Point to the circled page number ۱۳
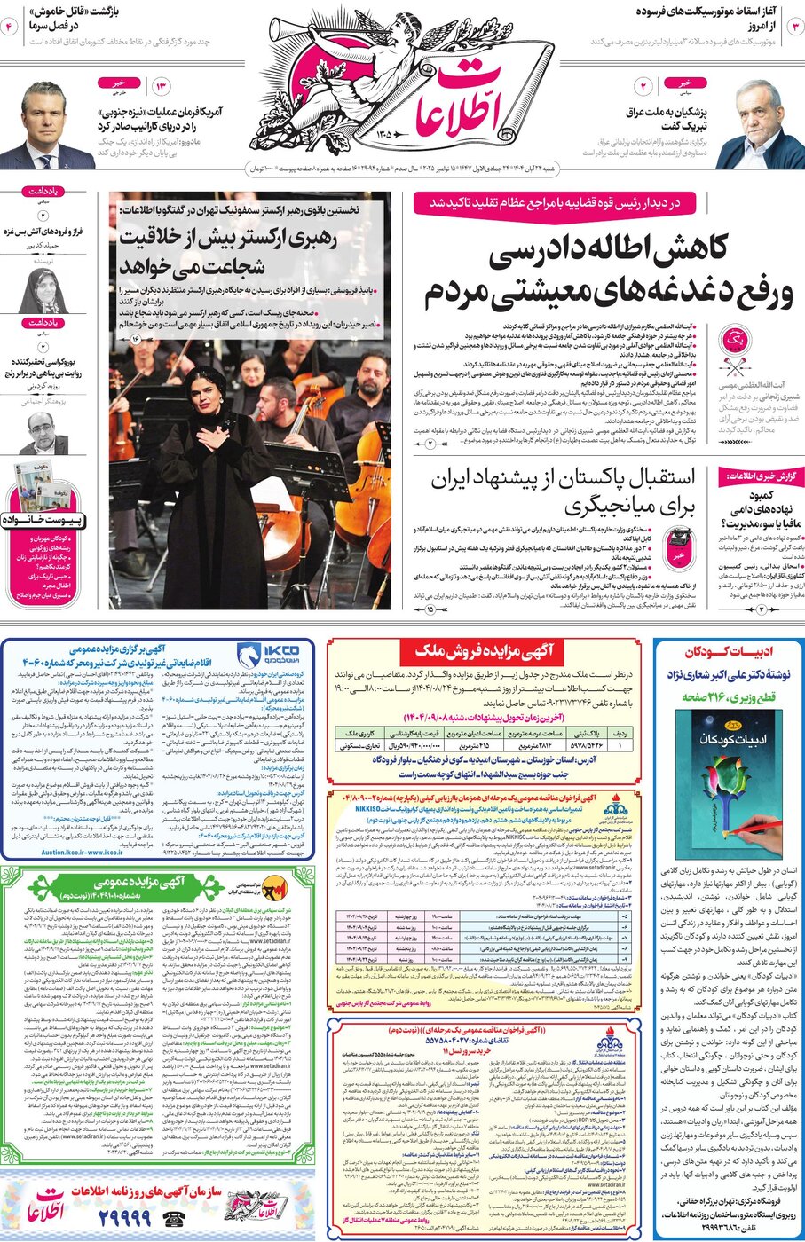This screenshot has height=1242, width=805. point(162,86)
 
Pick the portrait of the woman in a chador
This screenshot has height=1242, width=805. point(42,289)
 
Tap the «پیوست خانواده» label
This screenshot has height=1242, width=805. point(43,520)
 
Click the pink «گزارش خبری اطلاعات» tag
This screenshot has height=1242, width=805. point(760,476)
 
